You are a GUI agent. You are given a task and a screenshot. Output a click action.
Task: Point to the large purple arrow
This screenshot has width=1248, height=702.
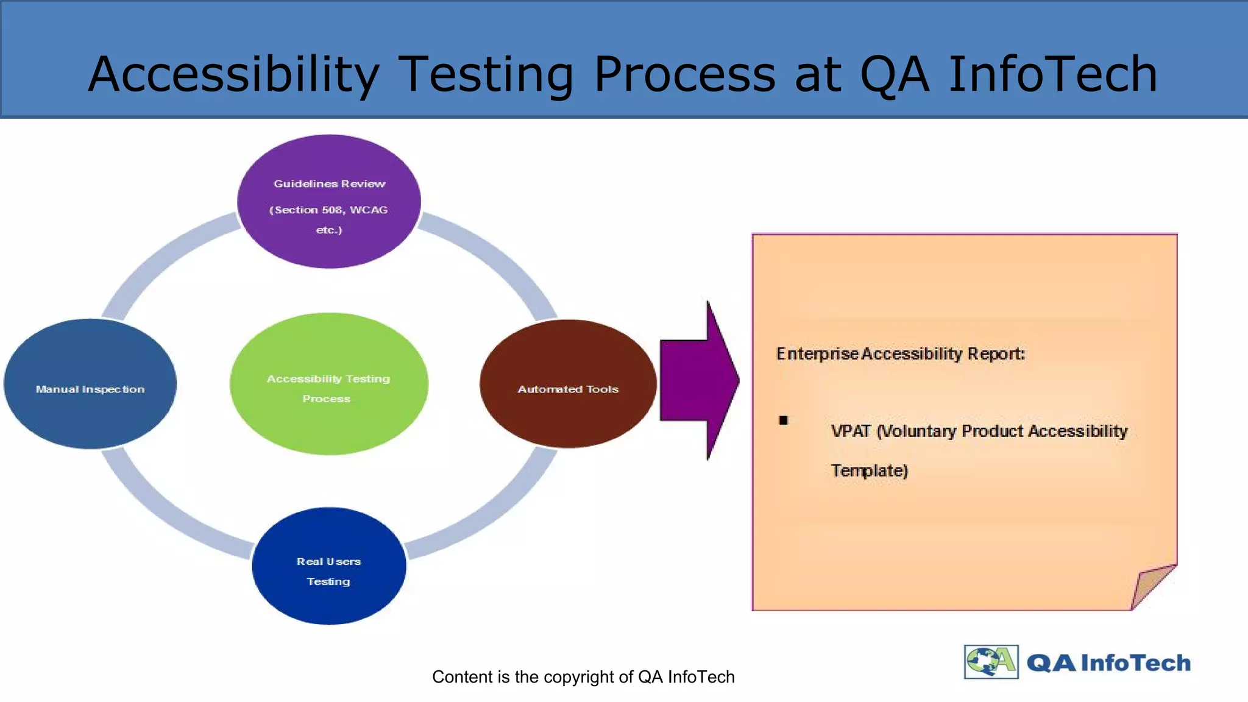pyautogui.click(x=698, y=380)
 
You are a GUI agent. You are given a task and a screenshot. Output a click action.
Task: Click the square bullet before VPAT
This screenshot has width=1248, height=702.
pyautogui.click(x=784, y=420)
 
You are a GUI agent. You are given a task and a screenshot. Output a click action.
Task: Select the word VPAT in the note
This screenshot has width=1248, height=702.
pyautogui.click(x=851, y=431)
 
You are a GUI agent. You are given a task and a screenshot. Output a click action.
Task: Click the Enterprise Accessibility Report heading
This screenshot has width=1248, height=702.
pyautogui.click(x=901, y=354)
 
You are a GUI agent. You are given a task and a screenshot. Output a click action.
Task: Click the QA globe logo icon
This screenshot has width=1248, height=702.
pyautogui.click(x=991, y=662)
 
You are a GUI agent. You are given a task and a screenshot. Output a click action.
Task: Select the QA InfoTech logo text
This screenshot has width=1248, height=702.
pyautogui.click(x=1108, y=663)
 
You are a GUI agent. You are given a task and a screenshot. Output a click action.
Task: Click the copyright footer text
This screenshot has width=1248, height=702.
pyautogui.click(x=583, y=677)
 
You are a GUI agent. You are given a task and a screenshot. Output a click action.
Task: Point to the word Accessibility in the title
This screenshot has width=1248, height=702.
pyautogui.click(x=234, y=74)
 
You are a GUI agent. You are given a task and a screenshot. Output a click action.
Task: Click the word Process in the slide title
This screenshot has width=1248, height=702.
pyautogui.click(x=685, y=74)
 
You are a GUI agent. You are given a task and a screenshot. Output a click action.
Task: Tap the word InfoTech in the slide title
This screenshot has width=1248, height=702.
pyautogui.click(x=1053, y=74)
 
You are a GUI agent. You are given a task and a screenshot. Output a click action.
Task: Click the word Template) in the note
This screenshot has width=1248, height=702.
pyautogui.click(x=870, y=471)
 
